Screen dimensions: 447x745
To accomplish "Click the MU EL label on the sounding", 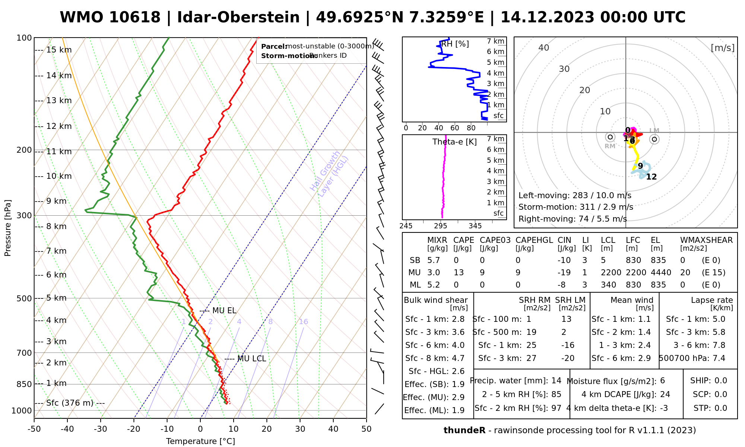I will (224, 311).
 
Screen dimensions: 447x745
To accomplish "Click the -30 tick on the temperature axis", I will (100, 429).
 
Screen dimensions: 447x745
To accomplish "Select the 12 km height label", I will (59, 126).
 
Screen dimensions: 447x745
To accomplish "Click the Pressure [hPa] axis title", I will (8, 228).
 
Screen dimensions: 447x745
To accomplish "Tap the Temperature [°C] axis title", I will (200, 441).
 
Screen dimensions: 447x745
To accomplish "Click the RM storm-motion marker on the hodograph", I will (610, 137).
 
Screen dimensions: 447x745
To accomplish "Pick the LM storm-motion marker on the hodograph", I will (654, 139).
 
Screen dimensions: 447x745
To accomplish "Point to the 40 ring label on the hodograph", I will (544, 48).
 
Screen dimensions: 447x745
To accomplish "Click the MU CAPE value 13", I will (459, 273).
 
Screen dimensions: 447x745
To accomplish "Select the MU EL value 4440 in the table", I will (661, 273).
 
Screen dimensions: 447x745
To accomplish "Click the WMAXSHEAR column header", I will (706, 240).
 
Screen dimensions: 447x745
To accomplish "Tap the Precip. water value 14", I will (556, 381).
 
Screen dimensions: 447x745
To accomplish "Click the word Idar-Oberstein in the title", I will (238, 18).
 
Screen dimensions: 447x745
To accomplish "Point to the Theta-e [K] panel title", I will (454, 142).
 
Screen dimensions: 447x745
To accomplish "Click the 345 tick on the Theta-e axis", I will (475, 226).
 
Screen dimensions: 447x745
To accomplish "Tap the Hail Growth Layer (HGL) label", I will (329, 173).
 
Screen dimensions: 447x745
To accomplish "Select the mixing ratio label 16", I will (303, 322).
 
